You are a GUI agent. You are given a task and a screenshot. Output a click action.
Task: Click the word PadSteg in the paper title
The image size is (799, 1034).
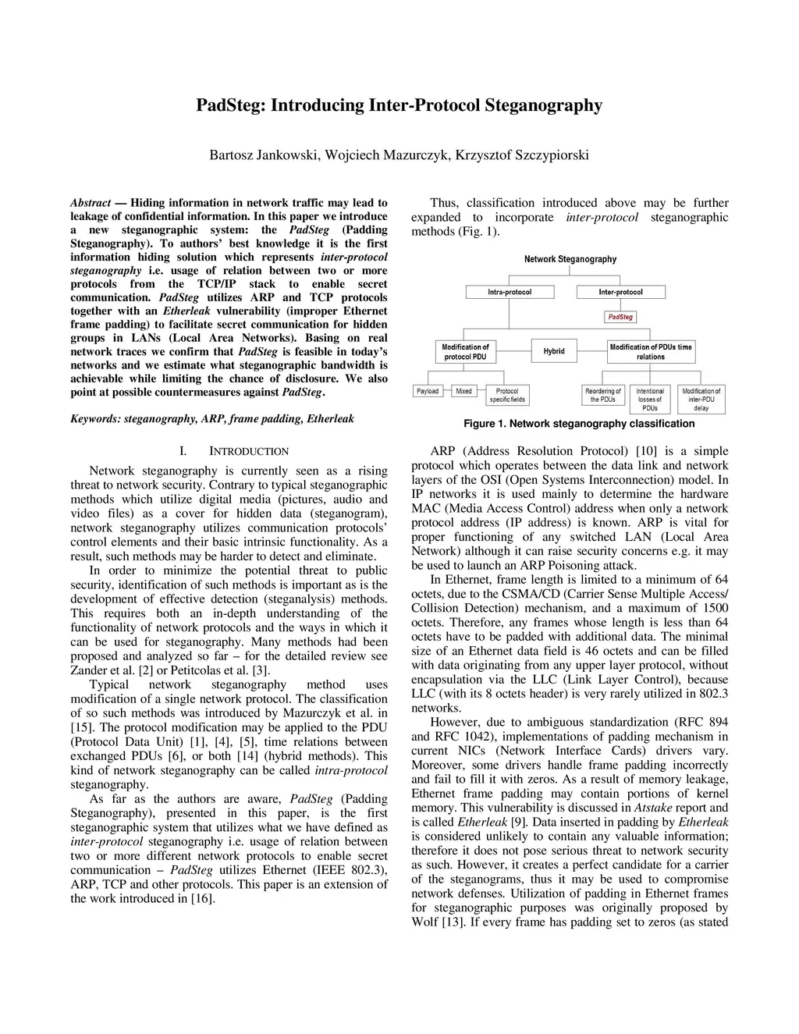coord(231,105)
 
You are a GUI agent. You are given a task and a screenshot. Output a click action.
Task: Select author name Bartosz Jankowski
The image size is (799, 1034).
coord(265,155)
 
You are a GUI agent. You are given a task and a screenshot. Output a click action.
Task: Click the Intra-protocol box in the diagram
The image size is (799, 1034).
coord(510,292)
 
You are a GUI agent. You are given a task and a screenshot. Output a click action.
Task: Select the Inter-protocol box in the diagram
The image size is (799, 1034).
coord(621,292)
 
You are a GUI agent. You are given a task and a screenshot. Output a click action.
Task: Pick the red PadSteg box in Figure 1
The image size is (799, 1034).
coord(621,317)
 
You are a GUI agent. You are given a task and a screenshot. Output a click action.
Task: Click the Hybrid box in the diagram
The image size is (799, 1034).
coord(554,351)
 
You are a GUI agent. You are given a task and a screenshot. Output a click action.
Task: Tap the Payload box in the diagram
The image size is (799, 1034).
coord(428,391)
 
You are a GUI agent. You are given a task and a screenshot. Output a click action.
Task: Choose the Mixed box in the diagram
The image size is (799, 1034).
coord(464,391)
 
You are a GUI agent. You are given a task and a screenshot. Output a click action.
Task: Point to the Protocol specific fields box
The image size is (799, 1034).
coord(507,395)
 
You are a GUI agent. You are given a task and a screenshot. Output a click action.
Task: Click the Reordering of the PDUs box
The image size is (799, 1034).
coord(603,395)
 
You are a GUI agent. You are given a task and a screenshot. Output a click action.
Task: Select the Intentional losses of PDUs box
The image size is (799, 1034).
coord(650,399)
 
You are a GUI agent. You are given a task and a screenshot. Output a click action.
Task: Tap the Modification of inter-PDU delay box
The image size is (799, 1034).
coord(701,399)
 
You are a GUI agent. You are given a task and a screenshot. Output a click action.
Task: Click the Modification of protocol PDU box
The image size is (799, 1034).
coord(465,352)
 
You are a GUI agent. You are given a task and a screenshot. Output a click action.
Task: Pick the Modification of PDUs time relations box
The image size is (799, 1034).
coord(651,352)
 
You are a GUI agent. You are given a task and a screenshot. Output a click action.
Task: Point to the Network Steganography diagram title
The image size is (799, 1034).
coord(570,259)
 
